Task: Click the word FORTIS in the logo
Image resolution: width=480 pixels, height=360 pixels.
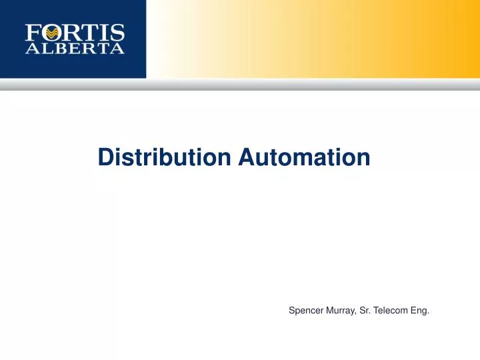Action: pos(75,33)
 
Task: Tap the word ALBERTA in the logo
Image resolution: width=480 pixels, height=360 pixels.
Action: pos(75,49)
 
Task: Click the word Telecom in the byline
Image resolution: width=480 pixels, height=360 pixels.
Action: pos(393,310)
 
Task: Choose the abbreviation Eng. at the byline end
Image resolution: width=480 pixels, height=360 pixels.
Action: pos(420,311)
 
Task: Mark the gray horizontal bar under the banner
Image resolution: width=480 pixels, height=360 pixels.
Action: pos(240,85)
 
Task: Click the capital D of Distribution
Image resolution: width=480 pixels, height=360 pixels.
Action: pos(105,157)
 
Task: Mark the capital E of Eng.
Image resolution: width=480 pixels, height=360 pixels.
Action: pos(414,310)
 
